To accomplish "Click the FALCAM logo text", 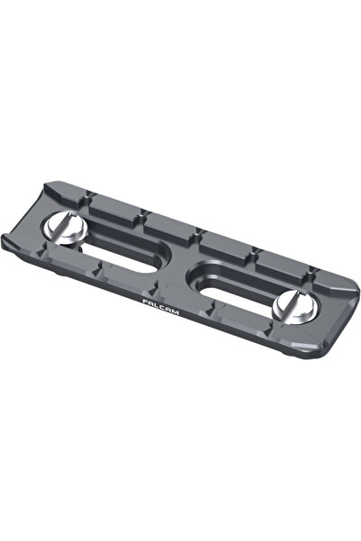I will [x=159, y=305].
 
